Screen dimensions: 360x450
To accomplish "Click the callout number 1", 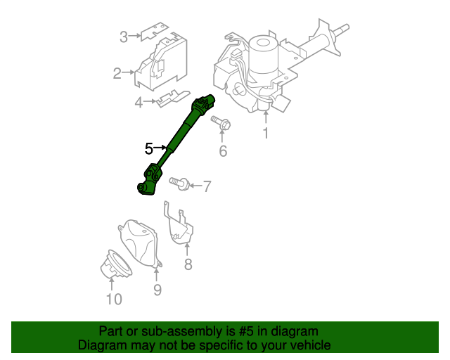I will point(266,134).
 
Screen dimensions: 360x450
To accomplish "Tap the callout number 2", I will point(117,72).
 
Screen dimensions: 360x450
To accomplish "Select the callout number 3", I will point(123,37).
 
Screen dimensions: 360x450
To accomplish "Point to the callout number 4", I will point(139,103).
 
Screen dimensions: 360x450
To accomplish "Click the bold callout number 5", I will point(148,148).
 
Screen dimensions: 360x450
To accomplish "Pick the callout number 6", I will point(223,151).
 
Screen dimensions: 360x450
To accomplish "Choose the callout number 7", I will point(207,186).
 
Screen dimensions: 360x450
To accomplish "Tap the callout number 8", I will point(188,264).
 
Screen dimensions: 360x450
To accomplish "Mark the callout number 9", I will point(157,290).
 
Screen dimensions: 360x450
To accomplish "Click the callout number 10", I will point(113,300).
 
